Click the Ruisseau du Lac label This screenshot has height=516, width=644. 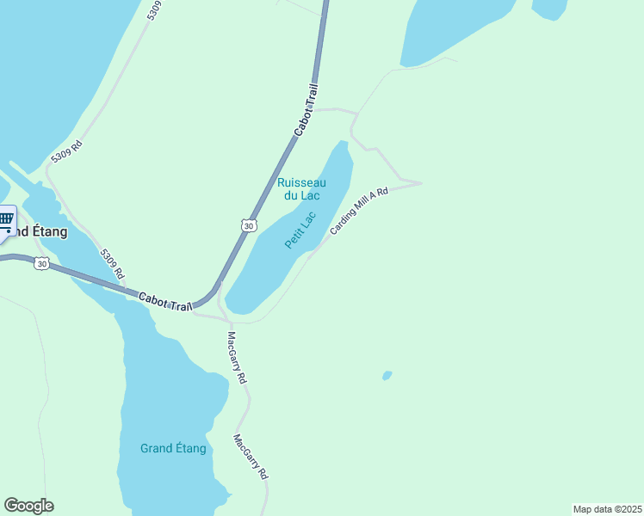[x=301, y=188]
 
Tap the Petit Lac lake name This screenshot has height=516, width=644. [x=301, y=230]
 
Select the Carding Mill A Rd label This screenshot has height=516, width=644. [x=359, y=212]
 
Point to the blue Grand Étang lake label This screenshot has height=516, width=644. [x=173, y=448]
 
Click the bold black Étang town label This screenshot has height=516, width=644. [x=38, y=231]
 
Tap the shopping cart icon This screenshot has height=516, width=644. [x=5, y=220]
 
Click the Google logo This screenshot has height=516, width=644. [x=28, y=506]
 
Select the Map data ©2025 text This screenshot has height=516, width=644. [x=607, y=508]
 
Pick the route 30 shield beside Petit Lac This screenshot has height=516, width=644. [x=248, y=225]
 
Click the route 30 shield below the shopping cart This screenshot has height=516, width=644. [x=41, y=263]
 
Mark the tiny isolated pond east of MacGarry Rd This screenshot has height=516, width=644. [x=387, y=375]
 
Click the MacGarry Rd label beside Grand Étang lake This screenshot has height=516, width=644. [x=251, y=456]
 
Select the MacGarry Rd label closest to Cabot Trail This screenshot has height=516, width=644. [x=237, y=357]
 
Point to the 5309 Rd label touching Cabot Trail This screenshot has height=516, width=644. [x=113, y=263]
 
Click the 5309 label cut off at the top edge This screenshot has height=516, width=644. [x=154, y=9]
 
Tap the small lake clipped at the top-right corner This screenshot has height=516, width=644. [x=548, y=8]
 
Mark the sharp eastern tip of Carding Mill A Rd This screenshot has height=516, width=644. [x=420, y=183]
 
